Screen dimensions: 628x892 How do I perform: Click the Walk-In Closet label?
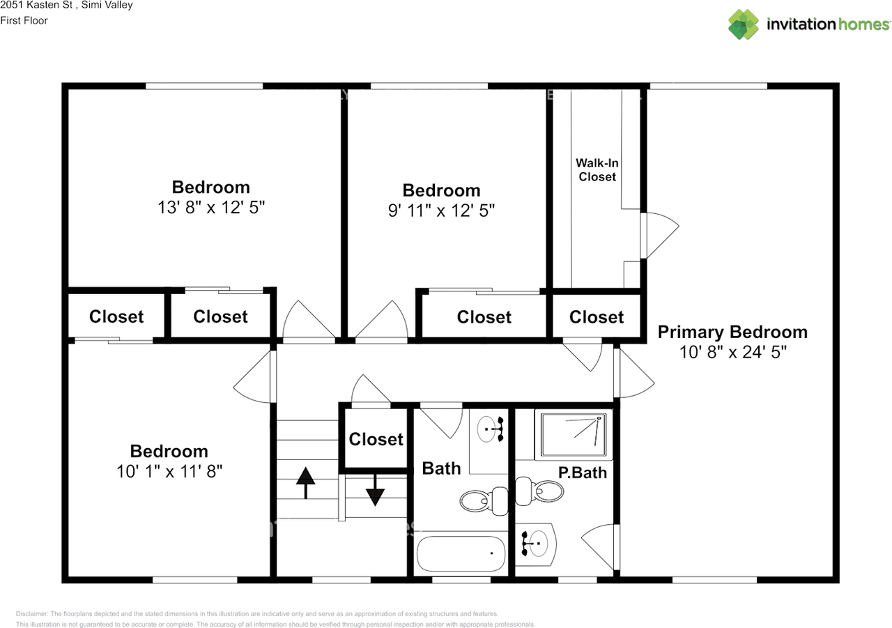pyautogui.click(x=597, y=170)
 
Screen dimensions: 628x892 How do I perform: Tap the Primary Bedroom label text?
pyautogui.click(x=732, y=332)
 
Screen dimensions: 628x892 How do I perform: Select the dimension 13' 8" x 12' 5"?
pyautogui.click(x=211, y=208)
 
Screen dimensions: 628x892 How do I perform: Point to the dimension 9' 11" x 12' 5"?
pyautogui.click(x=441, y=210)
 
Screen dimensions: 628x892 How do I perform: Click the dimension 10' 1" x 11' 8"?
pyautogui.click(x=169, y=472)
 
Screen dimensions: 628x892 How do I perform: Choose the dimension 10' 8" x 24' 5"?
pyautogui.click(x=732, y=353)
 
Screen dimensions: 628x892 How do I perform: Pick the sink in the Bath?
pyautogui.click(x=490, y=428)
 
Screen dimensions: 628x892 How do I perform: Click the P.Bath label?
pyautogui.click(x=583, y=473)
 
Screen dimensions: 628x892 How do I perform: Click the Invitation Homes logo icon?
pyautogui.click(x=744, y=24)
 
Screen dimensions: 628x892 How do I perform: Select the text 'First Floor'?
pyautogui.click(x=24, y=20)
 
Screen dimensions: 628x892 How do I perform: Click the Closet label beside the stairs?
pyautogui.click(x=376, y=439)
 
